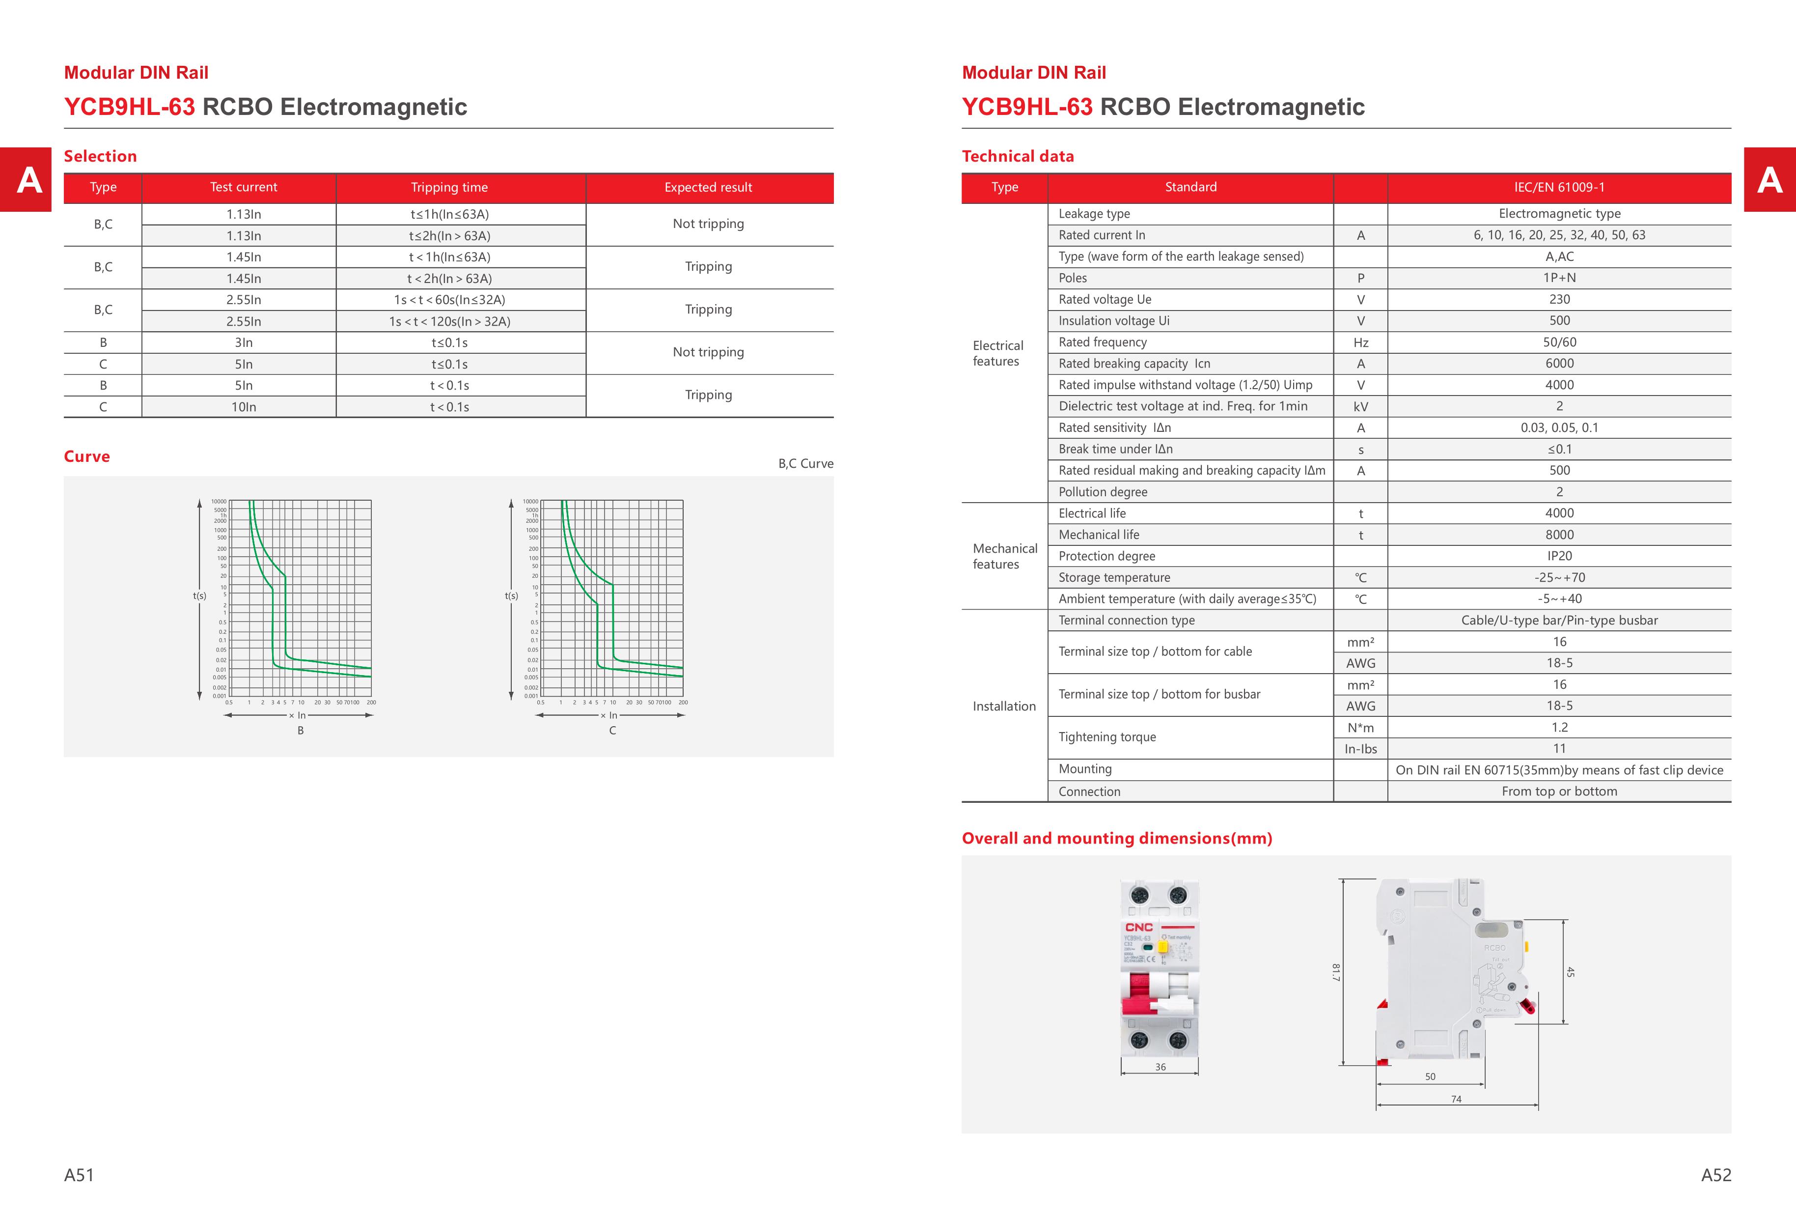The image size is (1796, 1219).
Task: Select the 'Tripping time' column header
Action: click(449, 187)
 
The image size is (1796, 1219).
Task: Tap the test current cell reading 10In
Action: click(244, 407)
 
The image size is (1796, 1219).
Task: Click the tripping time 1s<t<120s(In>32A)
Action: click(449, 321)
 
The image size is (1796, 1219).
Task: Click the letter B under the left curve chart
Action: click(301, 731)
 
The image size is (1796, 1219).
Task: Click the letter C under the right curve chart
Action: click(612, 731)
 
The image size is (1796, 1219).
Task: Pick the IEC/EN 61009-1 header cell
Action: click(1559, 187)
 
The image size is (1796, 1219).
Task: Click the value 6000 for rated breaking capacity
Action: click(1559, 363)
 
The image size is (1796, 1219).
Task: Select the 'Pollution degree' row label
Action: click(1103, 492)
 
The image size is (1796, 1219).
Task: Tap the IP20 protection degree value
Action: click(1559, 556)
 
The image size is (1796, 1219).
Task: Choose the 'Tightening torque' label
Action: click(1106, 737)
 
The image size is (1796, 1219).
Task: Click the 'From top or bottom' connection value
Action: click(1559, 791)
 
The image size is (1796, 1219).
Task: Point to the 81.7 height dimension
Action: click(1335, 972)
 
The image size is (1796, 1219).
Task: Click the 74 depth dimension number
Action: click(1456, 1099)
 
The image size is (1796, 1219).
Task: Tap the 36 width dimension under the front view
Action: click(1160, 1067)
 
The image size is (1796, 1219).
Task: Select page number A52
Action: click(1715, 1175)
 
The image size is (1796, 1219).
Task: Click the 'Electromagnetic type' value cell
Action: click(1559, 213)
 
